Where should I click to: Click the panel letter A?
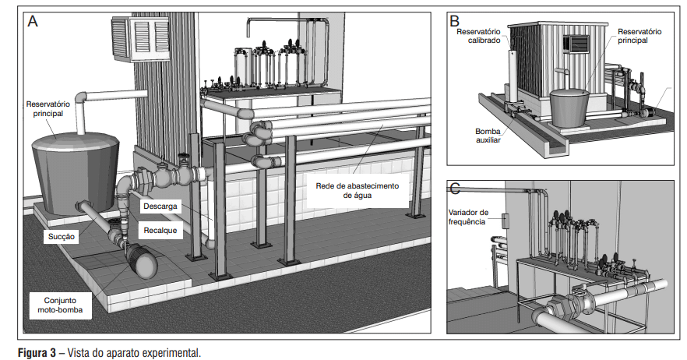pos(33,22)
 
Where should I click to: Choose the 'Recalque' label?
pos(160,231)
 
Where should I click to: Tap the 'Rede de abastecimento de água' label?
pos(358,191)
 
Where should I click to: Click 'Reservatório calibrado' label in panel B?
pos(477,36)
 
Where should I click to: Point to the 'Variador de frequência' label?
pos(468,217)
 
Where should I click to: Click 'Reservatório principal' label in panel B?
pos(639,36)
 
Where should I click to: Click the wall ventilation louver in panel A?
pos(141,38)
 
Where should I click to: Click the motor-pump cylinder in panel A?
pos(141,260)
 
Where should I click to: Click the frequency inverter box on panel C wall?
pos(504,221)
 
